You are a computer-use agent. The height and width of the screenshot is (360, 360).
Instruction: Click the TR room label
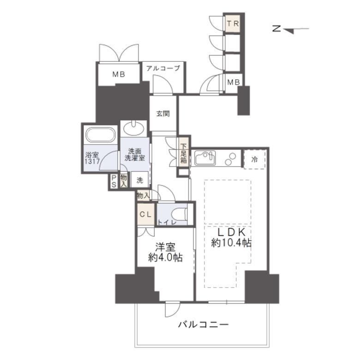coord(233,24)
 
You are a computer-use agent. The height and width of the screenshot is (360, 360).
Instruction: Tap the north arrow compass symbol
coord(290,29)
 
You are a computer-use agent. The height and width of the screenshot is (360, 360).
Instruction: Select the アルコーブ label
coord(163,68)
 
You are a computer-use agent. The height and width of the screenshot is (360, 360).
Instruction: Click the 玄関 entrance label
coord(163,114)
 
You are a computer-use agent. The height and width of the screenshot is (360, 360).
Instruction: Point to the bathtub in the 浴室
coord(100,135)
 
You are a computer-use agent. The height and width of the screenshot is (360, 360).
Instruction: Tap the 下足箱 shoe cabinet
coord(183,153)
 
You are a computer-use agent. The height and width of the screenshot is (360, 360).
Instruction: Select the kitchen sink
coord(205,158)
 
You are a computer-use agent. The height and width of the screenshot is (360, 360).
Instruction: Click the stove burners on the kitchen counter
coord(230,159)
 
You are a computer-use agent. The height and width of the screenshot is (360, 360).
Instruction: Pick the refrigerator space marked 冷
coord(255,159)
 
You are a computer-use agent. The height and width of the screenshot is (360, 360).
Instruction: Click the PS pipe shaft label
coord(114,181)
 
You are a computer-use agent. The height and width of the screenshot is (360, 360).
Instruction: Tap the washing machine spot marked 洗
coord(140,180)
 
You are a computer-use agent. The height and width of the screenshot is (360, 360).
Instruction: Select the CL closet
coord(146,214)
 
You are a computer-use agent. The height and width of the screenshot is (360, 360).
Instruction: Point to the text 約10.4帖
coord(231,243)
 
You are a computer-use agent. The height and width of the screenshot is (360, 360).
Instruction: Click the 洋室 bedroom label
coord(165,247)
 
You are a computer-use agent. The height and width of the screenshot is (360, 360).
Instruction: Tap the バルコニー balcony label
coord(204,324)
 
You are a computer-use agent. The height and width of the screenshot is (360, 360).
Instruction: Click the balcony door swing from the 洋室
coord(173,309)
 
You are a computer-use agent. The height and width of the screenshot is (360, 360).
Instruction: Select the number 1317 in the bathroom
coord(92,162)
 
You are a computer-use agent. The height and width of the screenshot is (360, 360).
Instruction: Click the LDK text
coord(231,232)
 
